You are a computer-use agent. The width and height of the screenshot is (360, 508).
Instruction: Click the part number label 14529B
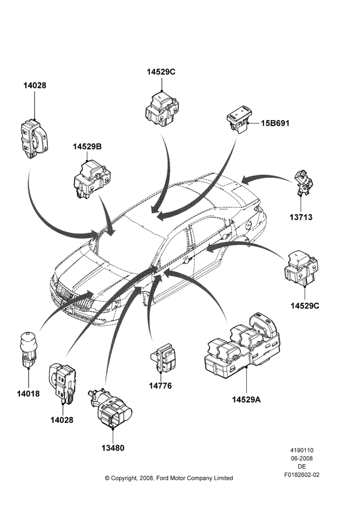coord(87,147)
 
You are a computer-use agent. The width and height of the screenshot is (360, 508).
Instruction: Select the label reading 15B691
coord(275,123)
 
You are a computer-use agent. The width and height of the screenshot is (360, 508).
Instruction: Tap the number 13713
coord(301,217)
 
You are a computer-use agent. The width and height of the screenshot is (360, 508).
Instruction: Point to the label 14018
coord(28,394)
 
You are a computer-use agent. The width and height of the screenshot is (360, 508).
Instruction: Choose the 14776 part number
coord(160,386)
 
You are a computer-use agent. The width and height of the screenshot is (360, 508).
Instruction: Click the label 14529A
coord(246,399)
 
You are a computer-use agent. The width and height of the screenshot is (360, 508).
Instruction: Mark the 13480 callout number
coord(113,448)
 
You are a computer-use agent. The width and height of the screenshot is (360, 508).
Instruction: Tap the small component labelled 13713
coord(304,183)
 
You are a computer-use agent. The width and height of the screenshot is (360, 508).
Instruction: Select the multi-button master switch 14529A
coord(242,346)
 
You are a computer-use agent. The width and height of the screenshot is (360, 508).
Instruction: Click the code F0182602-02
coord(302,475)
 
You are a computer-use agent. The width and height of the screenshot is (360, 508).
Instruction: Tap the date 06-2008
coord(302,458)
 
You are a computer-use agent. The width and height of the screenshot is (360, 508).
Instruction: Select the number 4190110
coord(302,450)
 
